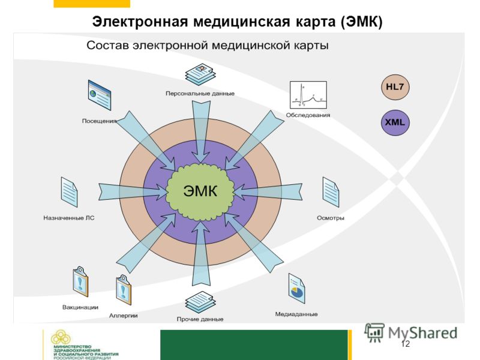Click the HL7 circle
pyautogui.click(x=395, y=87)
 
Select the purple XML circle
pyautogui.click(x=395, y=122)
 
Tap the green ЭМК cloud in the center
pyautogui.click(x=200, y=192)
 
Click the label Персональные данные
pyautogui.click(x=200, y=94)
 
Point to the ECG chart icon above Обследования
pyautogui.click(x=308, y=95)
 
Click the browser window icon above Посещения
pyautogui.click(x=100, y=95)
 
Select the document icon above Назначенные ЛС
pyautogui.click(x=69, y=192)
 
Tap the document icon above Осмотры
pyautogui.click(x=331, y=192)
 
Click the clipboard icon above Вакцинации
pyautogui.click(x=80, y=281)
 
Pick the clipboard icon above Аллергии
pyautogui.click(x=124, y=290)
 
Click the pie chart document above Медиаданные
pyautogui.click(x=296, y=289)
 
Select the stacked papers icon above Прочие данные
pyautogui.click(x=200, y=302)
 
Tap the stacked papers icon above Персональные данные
pyautogui.click(x=200, y=74)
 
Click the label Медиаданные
pyautogui.click(x=296, y=314)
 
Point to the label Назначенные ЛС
pyautogui.click(x=69, y=218)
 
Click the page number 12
pyautogui.click(x=405, y=344)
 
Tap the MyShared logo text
pyautogui.click(x=423, y=333)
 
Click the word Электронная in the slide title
pyautogui.click(x=140, y=22)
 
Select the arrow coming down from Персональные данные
pyautogui.click(x=201, y=132)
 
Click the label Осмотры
pyautogui.click(x=331, y=218)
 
